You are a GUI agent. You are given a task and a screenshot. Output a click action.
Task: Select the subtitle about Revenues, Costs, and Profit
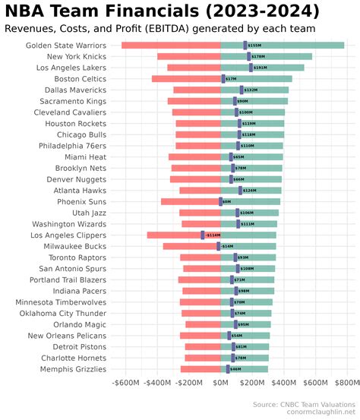tap(159, 29)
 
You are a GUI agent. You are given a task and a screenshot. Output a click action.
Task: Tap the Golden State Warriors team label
tap(65, 46)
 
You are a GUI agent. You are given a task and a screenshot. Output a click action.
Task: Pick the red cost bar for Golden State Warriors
tap(171, 46)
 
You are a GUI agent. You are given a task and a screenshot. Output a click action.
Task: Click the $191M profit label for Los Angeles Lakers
tap(261, 68)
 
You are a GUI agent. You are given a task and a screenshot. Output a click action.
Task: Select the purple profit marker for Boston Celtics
tap(223, 79)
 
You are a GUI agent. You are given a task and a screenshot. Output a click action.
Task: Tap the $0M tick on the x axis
tap(221, 384)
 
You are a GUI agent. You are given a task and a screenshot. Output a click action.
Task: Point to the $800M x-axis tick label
tap(346, 384)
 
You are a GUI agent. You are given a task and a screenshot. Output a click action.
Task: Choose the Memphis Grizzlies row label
tap(70, 369)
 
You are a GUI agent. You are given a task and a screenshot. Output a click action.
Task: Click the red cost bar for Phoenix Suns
tap(190, 202)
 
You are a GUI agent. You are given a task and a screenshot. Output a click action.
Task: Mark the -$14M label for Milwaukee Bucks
tap(227, 246)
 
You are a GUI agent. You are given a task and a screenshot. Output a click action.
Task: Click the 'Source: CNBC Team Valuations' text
tap(304, 404)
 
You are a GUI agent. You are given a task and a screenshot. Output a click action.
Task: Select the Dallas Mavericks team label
tap(75, 90)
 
